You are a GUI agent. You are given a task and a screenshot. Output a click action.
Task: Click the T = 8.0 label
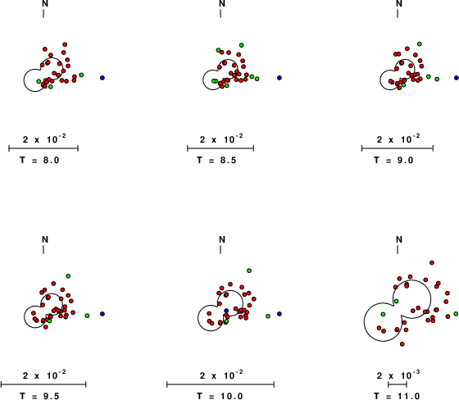tap(39, 160)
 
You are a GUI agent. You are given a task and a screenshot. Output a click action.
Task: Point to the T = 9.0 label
tap(393, 160)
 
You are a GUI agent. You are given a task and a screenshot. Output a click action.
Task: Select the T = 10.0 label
tap(220, 396)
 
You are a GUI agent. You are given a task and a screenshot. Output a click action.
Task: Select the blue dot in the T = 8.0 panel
tap(102, 78)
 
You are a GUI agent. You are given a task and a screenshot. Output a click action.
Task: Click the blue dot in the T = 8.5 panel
tap(279, 78)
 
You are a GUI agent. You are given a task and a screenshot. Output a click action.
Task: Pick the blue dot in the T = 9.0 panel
tap(457, 78)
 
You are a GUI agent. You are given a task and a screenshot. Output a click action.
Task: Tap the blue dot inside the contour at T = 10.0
tap(226, 311)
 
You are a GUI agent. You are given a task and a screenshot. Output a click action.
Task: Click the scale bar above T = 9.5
tap(43, 384)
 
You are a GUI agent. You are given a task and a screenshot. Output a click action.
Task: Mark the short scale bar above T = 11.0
tap(398, 384)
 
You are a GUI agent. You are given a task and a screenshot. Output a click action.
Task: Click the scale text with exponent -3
tap(398, 375)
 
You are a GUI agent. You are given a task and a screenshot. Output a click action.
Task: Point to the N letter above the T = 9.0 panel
tap(399, 4)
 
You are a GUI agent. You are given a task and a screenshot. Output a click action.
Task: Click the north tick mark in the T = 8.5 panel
tap(220, 13)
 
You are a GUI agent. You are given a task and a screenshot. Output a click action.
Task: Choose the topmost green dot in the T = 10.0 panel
tap(249, 270)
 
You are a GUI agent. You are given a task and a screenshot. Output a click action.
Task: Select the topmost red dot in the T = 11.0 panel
tap(432, 262)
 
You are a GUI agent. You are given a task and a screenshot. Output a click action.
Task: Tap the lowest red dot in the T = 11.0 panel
tap(402, 344)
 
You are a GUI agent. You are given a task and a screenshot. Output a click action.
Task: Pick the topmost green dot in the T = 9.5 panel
tap(68, 276)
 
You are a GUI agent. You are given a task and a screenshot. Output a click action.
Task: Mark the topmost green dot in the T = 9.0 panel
tap(420, 44)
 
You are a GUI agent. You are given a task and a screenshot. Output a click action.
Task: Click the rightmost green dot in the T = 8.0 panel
tap(81, 75)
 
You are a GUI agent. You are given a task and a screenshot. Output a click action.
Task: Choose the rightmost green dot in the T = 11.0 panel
tap(456, 314)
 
